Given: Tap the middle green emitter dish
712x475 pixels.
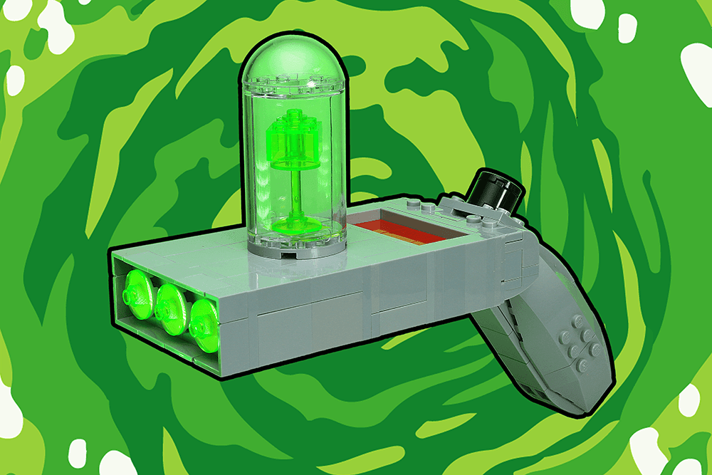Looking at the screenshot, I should coord(169,307).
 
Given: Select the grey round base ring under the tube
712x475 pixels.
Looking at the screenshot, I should coord(293,249).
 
